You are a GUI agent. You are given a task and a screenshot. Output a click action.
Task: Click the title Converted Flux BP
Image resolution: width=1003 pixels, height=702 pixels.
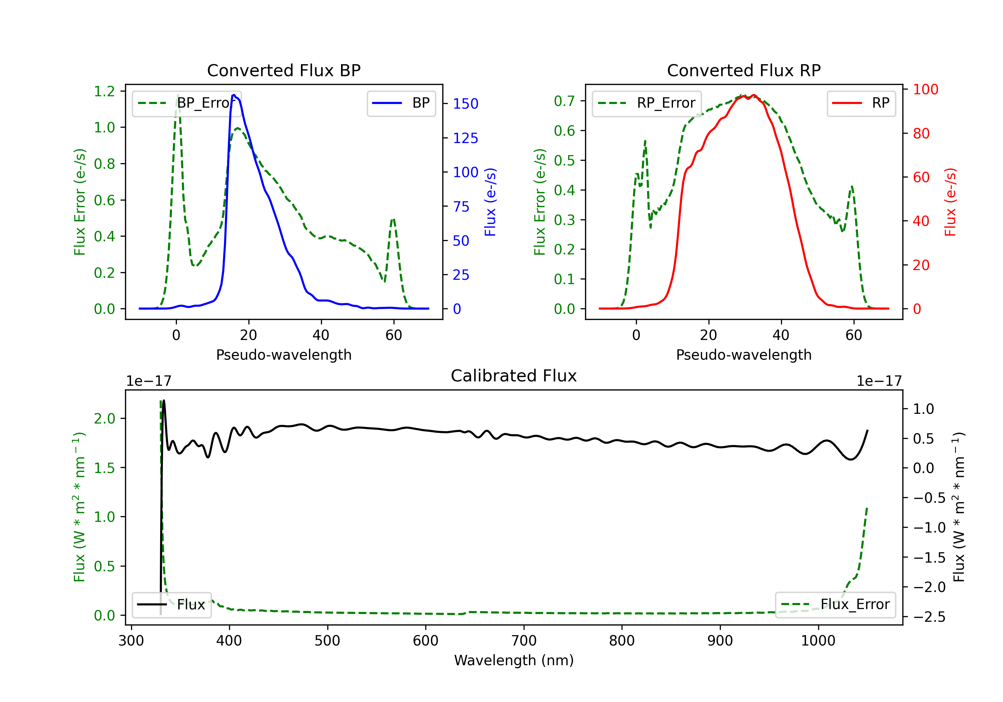284,70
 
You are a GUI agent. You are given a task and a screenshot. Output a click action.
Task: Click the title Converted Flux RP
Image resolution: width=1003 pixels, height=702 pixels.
744,70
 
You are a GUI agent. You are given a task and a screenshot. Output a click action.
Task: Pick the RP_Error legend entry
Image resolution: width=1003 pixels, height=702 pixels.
647,103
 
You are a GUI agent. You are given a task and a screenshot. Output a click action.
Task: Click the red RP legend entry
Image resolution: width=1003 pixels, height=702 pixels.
861,103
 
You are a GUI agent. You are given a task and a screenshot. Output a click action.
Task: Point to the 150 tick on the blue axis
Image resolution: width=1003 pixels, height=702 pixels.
465,104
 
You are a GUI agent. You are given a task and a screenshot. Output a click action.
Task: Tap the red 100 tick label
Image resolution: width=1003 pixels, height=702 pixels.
925,90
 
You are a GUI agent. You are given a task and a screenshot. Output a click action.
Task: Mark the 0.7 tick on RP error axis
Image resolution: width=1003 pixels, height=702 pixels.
564,101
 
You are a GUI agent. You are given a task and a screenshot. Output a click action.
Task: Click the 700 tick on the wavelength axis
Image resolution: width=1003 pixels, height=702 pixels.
524,641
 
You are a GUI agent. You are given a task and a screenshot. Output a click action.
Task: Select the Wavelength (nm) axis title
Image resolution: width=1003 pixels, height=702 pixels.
514,660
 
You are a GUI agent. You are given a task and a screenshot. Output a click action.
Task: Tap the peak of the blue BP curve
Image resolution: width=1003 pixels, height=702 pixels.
234,95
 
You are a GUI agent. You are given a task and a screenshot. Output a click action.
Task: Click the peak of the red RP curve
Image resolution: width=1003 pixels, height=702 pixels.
754,95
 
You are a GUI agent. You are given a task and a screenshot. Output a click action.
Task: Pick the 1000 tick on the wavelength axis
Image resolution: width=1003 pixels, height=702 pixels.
818,641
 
